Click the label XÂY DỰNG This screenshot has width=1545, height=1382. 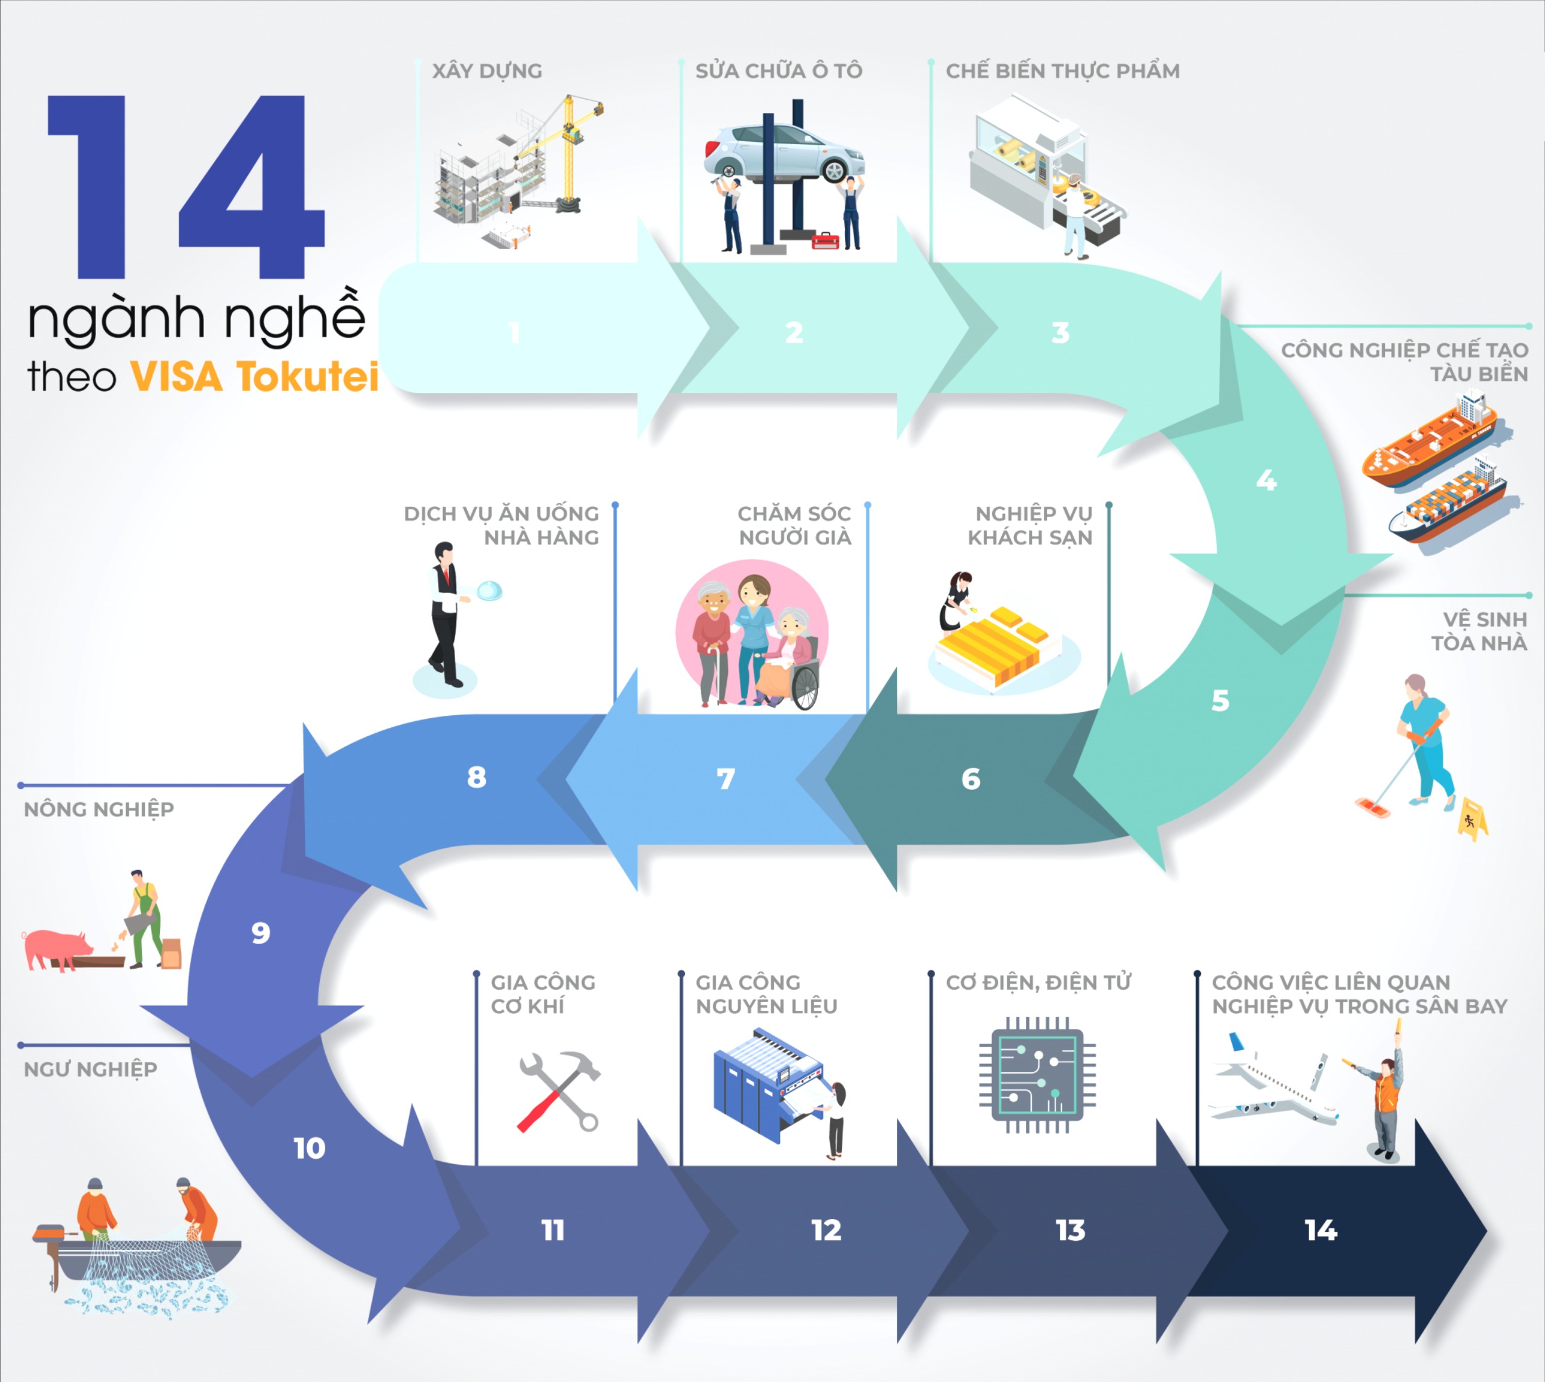tap(488, 71)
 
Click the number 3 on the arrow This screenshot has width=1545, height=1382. tap(1060, 333)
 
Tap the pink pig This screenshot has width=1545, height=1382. tap(57, 949)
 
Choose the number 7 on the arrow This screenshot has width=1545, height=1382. tap(726, 779)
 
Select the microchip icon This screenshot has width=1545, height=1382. tap(1037, 1074)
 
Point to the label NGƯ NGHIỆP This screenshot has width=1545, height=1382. tap(91, 1069)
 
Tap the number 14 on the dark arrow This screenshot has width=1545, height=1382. tap(1321, 1230)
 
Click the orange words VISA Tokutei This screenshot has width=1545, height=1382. tap(254, 377)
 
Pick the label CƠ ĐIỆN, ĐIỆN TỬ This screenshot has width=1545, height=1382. tap(1038, 982)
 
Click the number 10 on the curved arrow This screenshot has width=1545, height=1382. tap(310, 1148)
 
